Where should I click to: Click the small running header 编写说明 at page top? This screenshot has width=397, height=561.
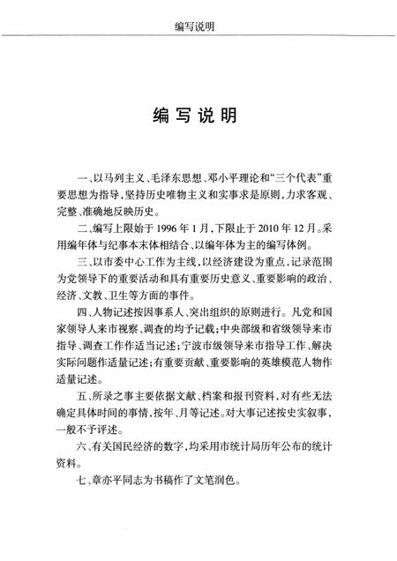[x=198, y=15]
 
